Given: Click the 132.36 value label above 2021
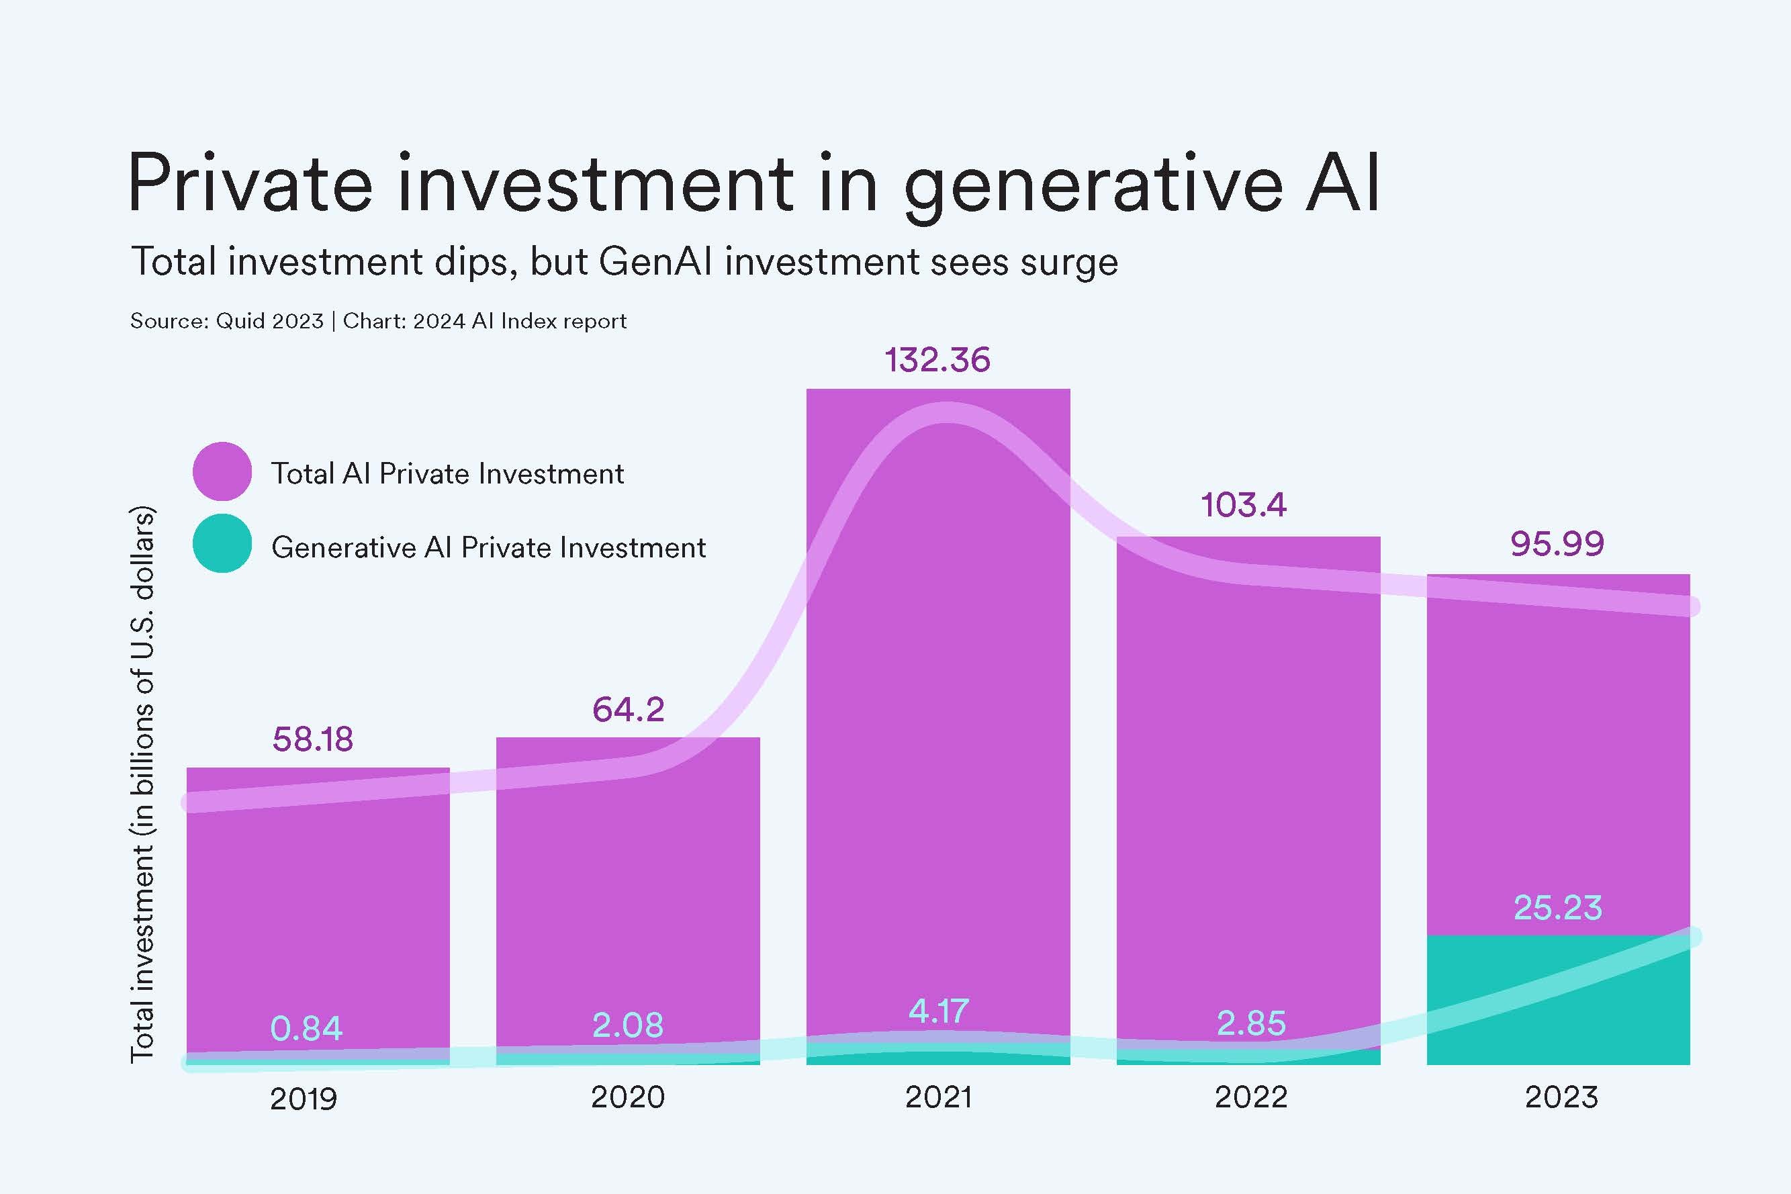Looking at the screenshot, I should pyautogui.click(x=937, y=359).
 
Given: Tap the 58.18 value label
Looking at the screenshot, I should pyautogui.click(x=312, y=739).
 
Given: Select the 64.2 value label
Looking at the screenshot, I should pyautogui.click(x=628, y=709).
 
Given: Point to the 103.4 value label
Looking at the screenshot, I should pyautogui.click(x=1243, y=505).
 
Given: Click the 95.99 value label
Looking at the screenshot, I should pyautogui.click(x=1557, y=543).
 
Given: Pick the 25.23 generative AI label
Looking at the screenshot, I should pyautogui.click(x=1557, y=907).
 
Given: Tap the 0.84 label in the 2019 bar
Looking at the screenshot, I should pyautogui.click(x=306, y=1028).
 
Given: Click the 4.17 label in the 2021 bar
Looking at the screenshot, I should pyautogui.click(x=938, y=1011).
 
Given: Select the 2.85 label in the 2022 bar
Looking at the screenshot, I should pyautogui.click(x=1250, y=1023).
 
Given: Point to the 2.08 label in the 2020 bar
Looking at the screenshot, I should pyautogui.click(x=627, y=1024).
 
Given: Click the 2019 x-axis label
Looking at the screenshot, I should pyautogui.click(x=303, y=1099).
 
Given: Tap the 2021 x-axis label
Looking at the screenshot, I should pyautogui.click(x=938, y=1097).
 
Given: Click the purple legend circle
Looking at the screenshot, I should pyautogui.click(x=222, y=471).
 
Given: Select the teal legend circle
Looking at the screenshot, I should pyautogui.click(x=222, y=543).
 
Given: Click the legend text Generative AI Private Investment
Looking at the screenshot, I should pyautogui.click(x=488, y=547).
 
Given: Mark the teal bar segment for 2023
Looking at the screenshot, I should pyautogui.click(x=1557, y=1005).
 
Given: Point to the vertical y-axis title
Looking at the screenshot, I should pyautogui.click(x=142, y=784).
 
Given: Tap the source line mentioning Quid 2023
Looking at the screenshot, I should pyautogui.click(x=377, y=320).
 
